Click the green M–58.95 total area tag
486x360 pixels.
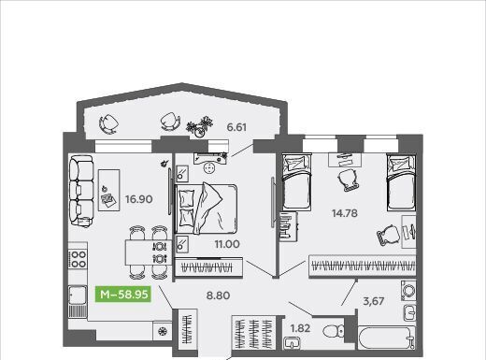coord(123,294)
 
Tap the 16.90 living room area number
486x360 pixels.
coord(138,199)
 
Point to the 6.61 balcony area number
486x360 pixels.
coord(236,127)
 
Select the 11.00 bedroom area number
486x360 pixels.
coord(227,244)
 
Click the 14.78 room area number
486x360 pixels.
coord(345,213)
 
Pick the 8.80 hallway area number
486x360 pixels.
coord(218,295)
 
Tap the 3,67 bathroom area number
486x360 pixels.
coord(374,301)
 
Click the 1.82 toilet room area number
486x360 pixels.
coord(300,328)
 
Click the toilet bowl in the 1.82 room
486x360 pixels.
coord(334,331)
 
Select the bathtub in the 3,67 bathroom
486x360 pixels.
coord(387,338)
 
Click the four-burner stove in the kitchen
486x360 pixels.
coord(78,259)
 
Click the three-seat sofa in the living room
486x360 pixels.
coord(81,191)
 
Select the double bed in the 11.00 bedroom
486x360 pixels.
coord(206,209)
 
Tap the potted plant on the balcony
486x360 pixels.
coord(200,127)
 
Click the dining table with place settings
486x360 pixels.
coord(149,252)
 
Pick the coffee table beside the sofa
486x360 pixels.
coord(108,190)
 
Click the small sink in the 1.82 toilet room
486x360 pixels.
coord(293,343)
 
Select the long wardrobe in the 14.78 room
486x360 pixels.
coord(363,266)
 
